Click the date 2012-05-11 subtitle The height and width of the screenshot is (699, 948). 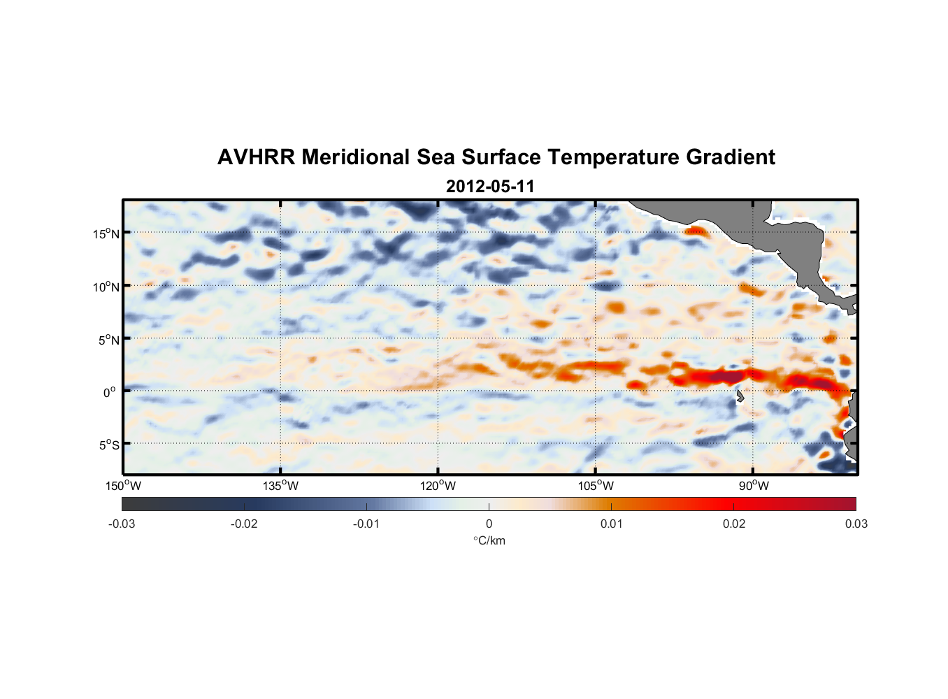490,187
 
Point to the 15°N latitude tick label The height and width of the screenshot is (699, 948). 106,233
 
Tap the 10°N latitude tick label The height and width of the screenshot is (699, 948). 106,287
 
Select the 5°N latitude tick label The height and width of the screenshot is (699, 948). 108,340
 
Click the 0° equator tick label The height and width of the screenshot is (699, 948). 110,392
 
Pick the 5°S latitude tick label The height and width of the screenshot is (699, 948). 108,445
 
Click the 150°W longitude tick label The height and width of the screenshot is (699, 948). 123,486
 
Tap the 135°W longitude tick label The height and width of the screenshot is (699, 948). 280,486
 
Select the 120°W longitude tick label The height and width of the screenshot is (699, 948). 438,486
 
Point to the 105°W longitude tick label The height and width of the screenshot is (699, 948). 596,486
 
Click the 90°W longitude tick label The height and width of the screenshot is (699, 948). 754,486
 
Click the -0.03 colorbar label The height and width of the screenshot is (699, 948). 122,524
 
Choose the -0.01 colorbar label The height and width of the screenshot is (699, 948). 366,524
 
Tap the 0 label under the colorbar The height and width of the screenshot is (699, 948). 489,524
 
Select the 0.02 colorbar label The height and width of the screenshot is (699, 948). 734,524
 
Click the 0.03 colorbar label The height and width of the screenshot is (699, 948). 856,524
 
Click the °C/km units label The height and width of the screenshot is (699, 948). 489,540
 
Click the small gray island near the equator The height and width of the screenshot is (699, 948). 740,396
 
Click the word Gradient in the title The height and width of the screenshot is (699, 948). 730,157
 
